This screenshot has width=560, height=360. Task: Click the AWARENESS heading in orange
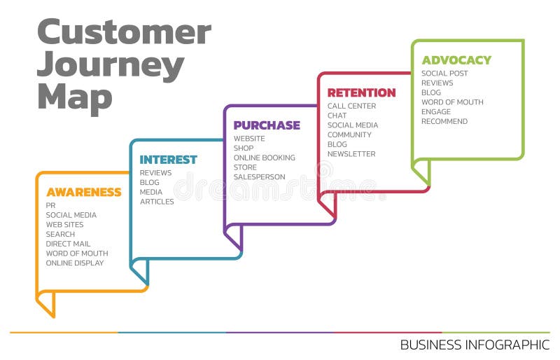click(x=83, y=192)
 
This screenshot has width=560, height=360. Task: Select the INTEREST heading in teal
click(x=168, y=160)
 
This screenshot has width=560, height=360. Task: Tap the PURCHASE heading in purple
click(x=267, y=125)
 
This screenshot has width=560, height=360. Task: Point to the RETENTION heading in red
click(x=361, y=92)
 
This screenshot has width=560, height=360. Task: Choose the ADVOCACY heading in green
click(x=456, y=60)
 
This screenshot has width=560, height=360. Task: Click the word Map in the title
click(x=74, y=97)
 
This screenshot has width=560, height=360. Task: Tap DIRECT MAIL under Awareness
click(x=69, y=244)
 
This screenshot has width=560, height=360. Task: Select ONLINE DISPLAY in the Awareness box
click(x=75, y=263)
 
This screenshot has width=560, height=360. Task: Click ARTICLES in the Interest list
click(x=157, y=202)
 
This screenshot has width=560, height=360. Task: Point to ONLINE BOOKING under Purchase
click(x=265, y=158)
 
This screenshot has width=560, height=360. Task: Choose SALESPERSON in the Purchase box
click(x=260, y=177)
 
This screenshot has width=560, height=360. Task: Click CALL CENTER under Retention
click(x=351, y=106)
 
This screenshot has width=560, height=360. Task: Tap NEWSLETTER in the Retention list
click(x=351, y=154)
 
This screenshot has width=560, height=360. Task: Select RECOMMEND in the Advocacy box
click(x=444, y=121)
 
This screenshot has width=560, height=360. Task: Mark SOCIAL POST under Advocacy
click(x=444, y=74)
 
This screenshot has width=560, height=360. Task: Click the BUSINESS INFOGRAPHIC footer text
click(x=475, y=345)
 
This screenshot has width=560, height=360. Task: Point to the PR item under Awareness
click(x=50, y=205)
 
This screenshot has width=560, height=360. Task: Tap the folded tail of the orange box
click(x=46, y=303)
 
